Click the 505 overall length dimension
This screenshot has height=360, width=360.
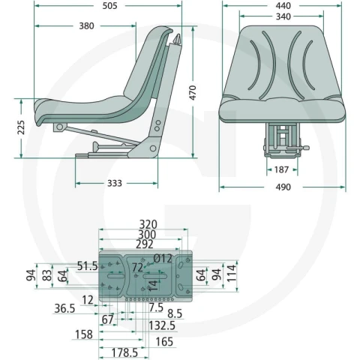coord(109,6)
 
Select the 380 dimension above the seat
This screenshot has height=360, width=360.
coord(86,26)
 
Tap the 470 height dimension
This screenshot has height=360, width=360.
coord(193,93)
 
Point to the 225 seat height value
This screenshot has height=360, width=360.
coord(21,127)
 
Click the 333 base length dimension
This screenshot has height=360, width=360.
coord(115,183)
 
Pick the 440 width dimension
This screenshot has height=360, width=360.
coord(283,6)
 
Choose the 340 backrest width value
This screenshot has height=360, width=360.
coord(283,16)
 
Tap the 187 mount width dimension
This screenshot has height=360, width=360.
coord(281,170)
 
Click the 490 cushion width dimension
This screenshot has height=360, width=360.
coord(283,187)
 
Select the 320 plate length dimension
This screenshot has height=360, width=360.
coord(148,224)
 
